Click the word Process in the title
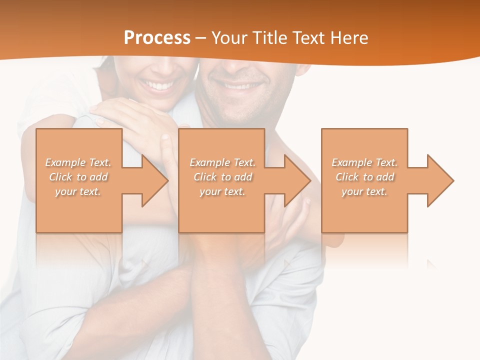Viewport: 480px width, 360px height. coord(157,38)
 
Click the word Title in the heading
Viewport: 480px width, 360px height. coord(269,38)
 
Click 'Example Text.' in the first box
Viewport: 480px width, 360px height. coord(78,162)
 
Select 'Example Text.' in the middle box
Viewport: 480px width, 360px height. coord(222,162)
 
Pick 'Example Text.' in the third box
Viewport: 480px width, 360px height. coord(364,162)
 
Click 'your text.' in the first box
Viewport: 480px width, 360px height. coord(78,191)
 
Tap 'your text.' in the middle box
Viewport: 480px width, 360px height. coord(222,191)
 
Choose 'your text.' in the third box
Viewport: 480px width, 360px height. coord(364,191)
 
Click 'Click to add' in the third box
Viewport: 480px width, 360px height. coord(364,177)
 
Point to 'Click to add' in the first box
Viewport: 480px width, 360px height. coord(78,177)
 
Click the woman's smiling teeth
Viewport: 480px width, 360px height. coord(158,85)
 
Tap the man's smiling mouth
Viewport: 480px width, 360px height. coord(242,86)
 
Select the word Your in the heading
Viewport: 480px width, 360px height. coord(228,38)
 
